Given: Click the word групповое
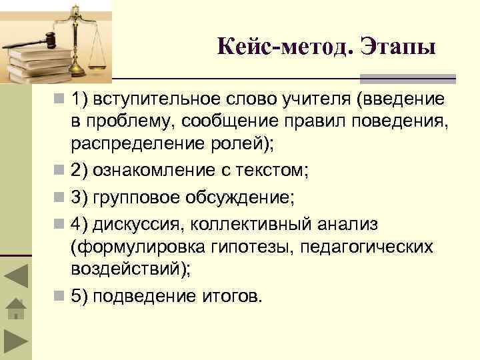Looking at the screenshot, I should pyautogui.click(x=137, y=198).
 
